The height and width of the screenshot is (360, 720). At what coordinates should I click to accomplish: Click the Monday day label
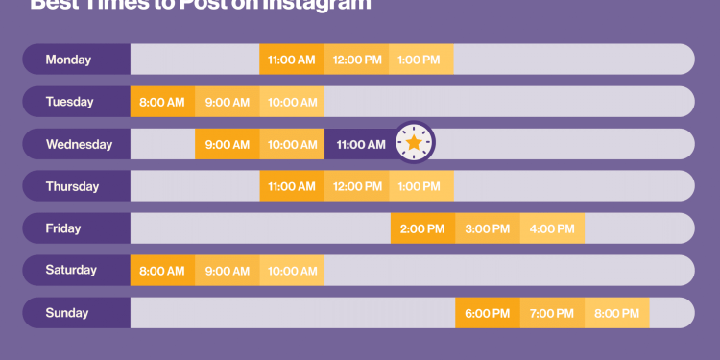pos(69,60)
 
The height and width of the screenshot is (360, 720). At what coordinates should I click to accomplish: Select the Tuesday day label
pos(69,102)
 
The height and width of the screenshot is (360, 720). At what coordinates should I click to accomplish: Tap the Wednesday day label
pos(79,144)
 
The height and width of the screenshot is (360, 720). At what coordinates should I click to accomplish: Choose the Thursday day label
pos(72,186)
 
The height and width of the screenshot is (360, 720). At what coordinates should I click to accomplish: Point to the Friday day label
pos(63,228)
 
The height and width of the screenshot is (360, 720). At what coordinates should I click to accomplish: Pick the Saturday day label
pos(71,271)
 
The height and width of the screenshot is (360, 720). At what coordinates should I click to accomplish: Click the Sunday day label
pos(67,313)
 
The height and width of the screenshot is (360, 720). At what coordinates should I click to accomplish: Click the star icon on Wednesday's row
pos(414,144)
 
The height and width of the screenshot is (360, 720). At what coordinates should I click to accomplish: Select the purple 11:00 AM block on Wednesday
pos(361,144)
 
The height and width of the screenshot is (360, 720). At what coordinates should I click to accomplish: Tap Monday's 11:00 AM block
pos(292,60)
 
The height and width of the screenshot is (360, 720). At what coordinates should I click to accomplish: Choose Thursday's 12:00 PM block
pos(357,186)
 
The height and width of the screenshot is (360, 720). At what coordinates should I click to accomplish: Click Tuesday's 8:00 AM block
pos(162,102)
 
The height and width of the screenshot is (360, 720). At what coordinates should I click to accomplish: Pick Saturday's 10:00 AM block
pos(292,271)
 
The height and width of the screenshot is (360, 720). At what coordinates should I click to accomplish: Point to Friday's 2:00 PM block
pos(422,228)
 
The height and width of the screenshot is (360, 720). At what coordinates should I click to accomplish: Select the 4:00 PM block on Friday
pos(552,228)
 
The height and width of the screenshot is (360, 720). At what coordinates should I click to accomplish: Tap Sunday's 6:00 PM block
pos(488,313)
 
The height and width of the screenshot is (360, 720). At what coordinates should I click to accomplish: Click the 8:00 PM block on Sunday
pos(616,313)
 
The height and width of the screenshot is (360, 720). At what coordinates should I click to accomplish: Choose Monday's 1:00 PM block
pos(421,60)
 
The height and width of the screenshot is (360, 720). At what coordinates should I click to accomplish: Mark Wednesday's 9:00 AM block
pos(228,144)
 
